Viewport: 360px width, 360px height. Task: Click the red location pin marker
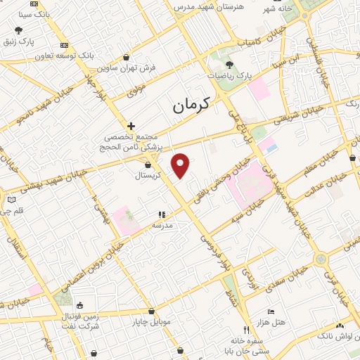tap(181, 166)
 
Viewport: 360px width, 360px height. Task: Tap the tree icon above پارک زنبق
tap(18, 31)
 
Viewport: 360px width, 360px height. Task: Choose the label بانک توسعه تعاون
tap(67, 54)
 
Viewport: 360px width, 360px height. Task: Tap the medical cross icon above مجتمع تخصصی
tap(131, 126)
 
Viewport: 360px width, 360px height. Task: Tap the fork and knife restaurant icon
tap(246, 329)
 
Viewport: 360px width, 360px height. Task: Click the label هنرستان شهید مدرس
tap(202, 6)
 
